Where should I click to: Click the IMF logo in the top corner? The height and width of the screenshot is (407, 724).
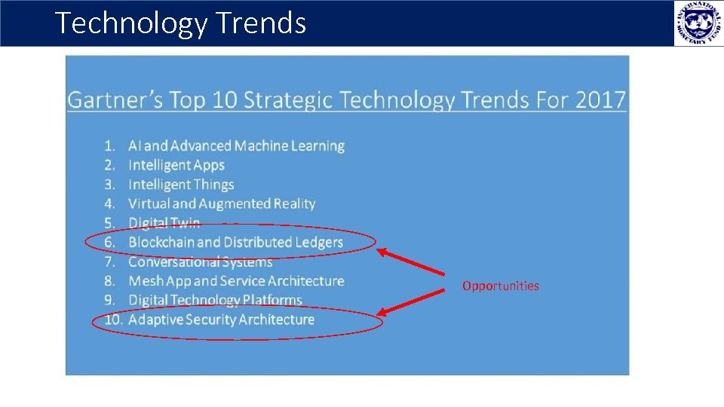(698, 23)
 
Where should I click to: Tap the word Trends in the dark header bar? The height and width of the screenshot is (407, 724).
(261, 23)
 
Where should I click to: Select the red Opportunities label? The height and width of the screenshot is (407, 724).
(501, 286)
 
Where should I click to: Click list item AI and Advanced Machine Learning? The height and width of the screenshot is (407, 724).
(236, 145)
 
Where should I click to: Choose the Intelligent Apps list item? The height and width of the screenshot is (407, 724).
(176, 165)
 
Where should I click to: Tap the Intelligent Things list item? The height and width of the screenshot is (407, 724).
(181, 185)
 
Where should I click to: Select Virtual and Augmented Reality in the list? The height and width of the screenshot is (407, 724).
(222, 203)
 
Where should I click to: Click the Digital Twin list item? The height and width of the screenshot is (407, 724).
(164, 222)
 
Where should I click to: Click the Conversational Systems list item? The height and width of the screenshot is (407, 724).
(200, 262)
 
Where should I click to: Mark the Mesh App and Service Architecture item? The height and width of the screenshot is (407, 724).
(236, 280)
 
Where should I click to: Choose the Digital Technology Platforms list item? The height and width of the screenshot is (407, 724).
(215, 300)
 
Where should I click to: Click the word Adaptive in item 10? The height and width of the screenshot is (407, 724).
(156, 320)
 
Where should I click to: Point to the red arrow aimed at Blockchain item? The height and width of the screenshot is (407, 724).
(411, 262)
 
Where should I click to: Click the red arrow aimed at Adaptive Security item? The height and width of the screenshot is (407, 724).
(411, 301)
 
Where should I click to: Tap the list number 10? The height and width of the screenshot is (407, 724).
(113, 320)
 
